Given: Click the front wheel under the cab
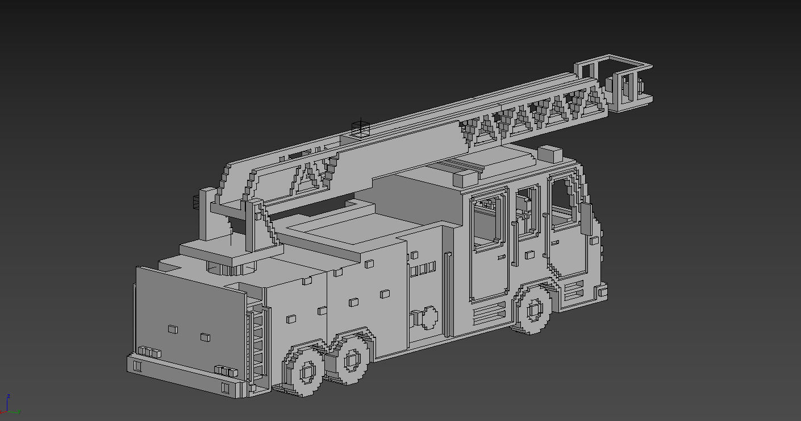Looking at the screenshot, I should [x=535, y=309].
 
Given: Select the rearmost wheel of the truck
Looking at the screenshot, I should [x=307, y=372].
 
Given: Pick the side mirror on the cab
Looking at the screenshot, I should [x=586, y=218].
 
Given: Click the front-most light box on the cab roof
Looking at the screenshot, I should [x=549, y=154].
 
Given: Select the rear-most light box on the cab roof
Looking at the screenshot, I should [x=465, y=178].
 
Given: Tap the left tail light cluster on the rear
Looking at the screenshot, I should [x=149, y=352].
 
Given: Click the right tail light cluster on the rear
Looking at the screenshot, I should [x=226, y=371].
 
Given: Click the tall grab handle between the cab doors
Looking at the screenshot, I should [x=514, y=244].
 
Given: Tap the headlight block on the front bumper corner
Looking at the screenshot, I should [x=602, y=292].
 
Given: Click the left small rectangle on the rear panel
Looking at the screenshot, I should [x=172, y=329].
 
